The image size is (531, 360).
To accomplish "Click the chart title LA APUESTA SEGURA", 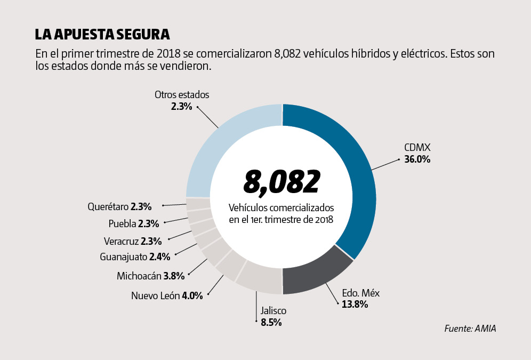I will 102,35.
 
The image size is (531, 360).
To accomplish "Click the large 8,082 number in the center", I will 281,182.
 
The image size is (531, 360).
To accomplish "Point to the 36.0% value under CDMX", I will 417,159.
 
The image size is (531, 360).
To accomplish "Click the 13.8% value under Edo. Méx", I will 355,305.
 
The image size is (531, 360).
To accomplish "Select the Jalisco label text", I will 273,310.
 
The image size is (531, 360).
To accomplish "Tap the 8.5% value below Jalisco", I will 271,322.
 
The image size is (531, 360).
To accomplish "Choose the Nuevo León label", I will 155,295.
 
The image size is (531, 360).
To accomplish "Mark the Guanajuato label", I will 123,257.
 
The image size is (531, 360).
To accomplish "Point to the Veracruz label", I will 121,241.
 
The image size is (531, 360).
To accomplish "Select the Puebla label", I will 122,223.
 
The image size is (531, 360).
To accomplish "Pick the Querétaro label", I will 108,206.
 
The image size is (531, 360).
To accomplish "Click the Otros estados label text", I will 182,94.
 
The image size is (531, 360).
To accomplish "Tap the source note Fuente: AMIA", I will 470,329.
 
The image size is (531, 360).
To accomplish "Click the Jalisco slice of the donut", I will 260,281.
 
